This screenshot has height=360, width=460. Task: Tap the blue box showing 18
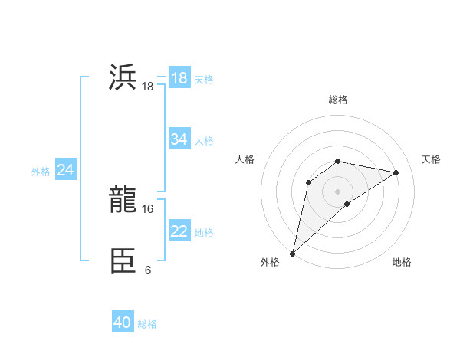(179, 78)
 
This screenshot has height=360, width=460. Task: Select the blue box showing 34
(179, 139)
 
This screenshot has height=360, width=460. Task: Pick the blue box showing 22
(179, 231)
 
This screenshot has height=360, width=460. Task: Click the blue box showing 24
(66, 170)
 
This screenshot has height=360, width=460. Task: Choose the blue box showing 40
(123, 322)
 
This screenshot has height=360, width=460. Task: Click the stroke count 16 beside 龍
(147, 208)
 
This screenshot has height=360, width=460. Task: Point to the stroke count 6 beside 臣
(147, 270)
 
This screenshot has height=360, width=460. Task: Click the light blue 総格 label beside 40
(147, 324)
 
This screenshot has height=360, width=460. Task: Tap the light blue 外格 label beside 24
(41, 172)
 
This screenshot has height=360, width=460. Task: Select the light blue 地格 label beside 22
(204, 233)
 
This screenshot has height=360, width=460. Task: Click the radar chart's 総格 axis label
(338, 100)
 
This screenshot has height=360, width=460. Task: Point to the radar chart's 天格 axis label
(431, 159)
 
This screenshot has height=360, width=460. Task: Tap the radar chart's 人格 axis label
(245, 159)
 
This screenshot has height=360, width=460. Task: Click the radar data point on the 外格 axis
(293, 253)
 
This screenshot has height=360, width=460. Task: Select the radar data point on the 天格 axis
(396, 172)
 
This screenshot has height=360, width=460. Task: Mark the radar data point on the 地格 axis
(347, 204)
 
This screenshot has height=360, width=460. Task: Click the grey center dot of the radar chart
(338, 191)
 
